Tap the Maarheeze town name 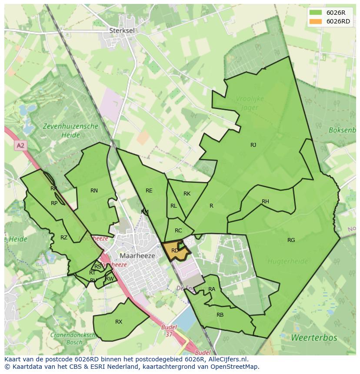[x=137, y=256]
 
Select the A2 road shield [x=20, y=146]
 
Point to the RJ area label [x=253, y=145]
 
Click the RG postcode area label [x=291, y=240]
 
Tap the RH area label [x=265, y=202]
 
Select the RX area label [x=119, y=322]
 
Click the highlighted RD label [x=175, y=251]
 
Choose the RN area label [x=94, y=191]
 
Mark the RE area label [x=149, y=191]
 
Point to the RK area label [x=187, y=194]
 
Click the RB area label [x=220, y=315]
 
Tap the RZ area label [x=64, y=238]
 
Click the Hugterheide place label [x=287, y=261]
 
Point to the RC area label [x=178, y=231]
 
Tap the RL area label [x=173, y=206]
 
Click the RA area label [x=212, y=289]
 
